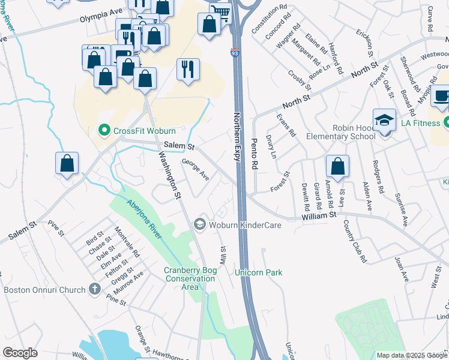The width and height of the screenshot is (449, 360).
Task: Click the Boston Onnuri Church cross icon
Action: (94, 290)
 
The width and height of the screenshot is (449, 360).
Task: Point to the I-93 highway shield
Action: (236, 53)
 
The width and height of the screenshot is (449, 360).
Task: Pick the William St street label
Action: (319, 215)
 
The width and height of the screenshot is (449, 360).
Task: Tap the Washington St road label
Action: (169, 174)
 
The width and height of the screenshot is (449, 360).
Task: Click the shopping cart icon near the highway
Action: (221, 11)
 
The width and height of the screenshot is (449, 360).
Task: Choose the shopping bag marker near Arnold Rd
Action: (338, 167)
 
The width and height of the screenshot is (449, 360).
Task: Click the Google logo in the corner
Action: (20, 353)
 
